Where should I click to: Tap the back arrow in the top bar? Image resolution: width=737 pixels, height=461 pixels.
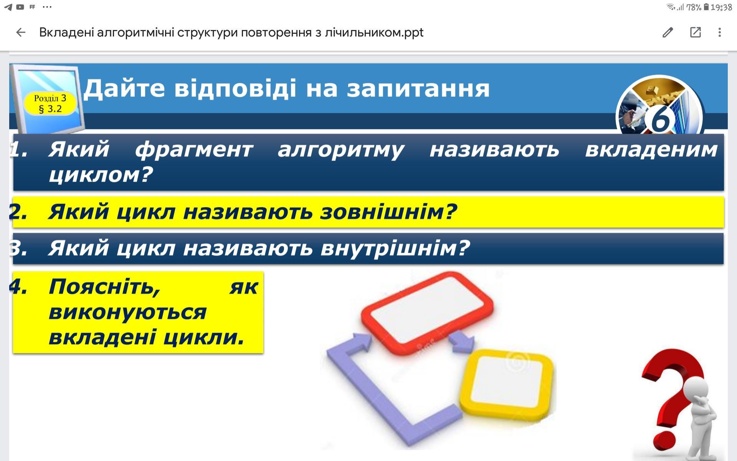point(21,32)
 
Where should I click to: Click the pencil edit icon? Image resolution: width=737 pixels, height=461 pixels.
point(668,32)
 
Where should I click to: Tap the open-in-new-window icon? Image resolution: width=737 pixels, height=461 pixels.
point(696,32)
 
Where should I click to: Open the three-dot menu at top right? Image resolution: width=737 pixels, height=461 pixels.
point(720,32)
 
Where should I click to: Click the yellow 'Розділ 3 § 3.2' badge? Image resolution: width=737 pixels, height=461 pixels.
point(50,104)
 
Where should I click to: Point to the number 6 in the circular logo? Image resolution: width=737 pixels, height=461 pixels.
point(660,118)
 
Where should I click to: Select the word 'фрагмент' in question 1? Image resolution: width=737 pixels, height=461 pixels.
point(194,150)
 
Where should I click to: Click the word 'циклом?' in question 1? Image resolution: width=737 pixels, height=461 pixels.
point(101,175)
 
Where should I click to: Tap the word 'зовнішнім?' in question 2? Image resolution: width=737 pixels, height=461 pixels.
point(388,212)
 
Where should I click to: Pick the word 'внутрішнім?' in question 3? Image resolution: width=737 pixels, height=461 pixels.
point(395,248)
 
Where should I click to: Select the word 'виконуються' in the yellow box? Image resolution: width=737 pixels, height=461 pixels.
point(128,312)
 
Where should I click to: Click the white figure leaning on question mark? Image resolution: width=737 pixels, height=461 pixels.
point(702,419)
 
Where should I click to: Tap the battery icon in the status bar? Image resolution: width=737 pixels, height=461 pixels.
point(706,7)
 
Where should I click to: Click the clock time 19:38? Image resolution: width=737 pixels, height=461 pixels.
point(721,7)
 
